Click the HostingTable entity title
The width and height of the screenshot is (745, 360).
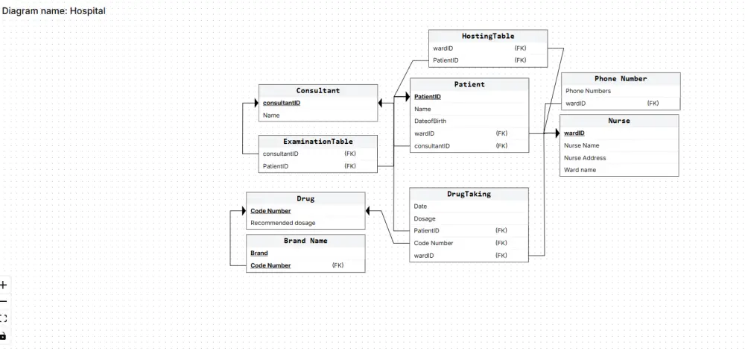(488, 36)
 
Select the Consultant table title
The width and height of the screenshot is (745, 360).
(318, 91)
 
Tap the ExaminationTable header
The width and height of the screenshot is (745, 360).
(318, 141)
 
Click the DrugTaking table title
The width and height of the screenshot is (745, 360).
(469, 194)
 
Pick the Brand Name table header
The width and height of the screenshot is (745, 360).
(305, 241)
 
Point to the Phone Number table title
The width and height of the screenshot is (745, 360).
(621, 78)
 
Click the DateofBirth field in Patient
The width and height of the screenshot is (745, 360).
(430, 121)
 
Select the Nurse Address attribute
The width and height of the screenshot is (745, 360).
(585, 158)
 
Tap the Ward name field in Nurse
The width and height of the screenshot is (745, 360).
(580, 170)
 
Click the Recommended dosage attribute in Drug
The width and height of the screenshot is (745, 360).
(282, 223)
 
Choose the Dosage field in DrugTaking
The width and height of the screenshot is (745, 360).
(425, 218)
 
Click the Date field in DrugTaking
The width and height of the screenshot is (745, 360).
(420, 206)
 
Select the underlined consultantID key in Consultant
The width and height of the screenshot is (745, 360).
(282, 103)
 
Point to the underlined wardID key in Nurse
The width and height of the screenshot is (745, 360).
(574, 133)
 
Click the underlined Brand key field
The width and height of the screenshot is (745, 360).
(259, 253)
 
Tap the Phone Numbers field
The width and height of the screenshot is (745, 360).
(588, 91)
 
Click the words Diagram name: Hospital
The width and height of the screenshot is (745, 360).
(54, 11)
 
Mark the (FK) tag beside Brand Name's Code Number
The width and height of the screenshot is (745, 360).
(337, 265)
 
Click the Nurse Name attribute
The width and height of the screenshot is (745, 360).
(582, 145)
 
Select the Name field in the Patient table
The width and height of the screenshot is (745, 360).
(422, 109)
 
